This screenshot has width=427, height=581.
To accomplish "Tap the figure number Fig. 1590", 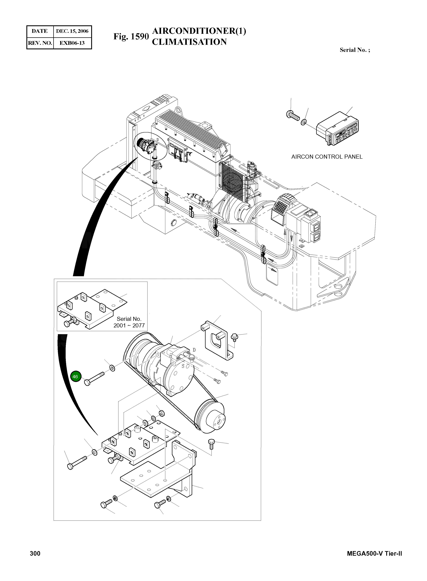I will tap(131, 37).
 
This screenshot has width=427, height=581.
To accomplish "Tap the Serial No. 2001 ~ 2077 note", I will tap(129, 322).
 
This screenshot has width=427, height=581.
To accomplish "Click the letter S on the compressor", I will tap(183, 366).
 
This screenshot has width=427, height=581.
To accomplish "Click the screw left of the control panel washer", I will tap(293, 115).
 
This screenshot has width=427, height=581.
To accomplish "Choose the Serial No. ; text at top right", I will tap(355, 50).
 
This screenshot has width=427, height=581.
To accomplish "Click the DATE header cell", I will tap(40, 31).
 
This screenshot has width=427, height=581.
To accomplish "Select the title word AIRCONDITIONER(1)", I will tap(199, 31).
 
